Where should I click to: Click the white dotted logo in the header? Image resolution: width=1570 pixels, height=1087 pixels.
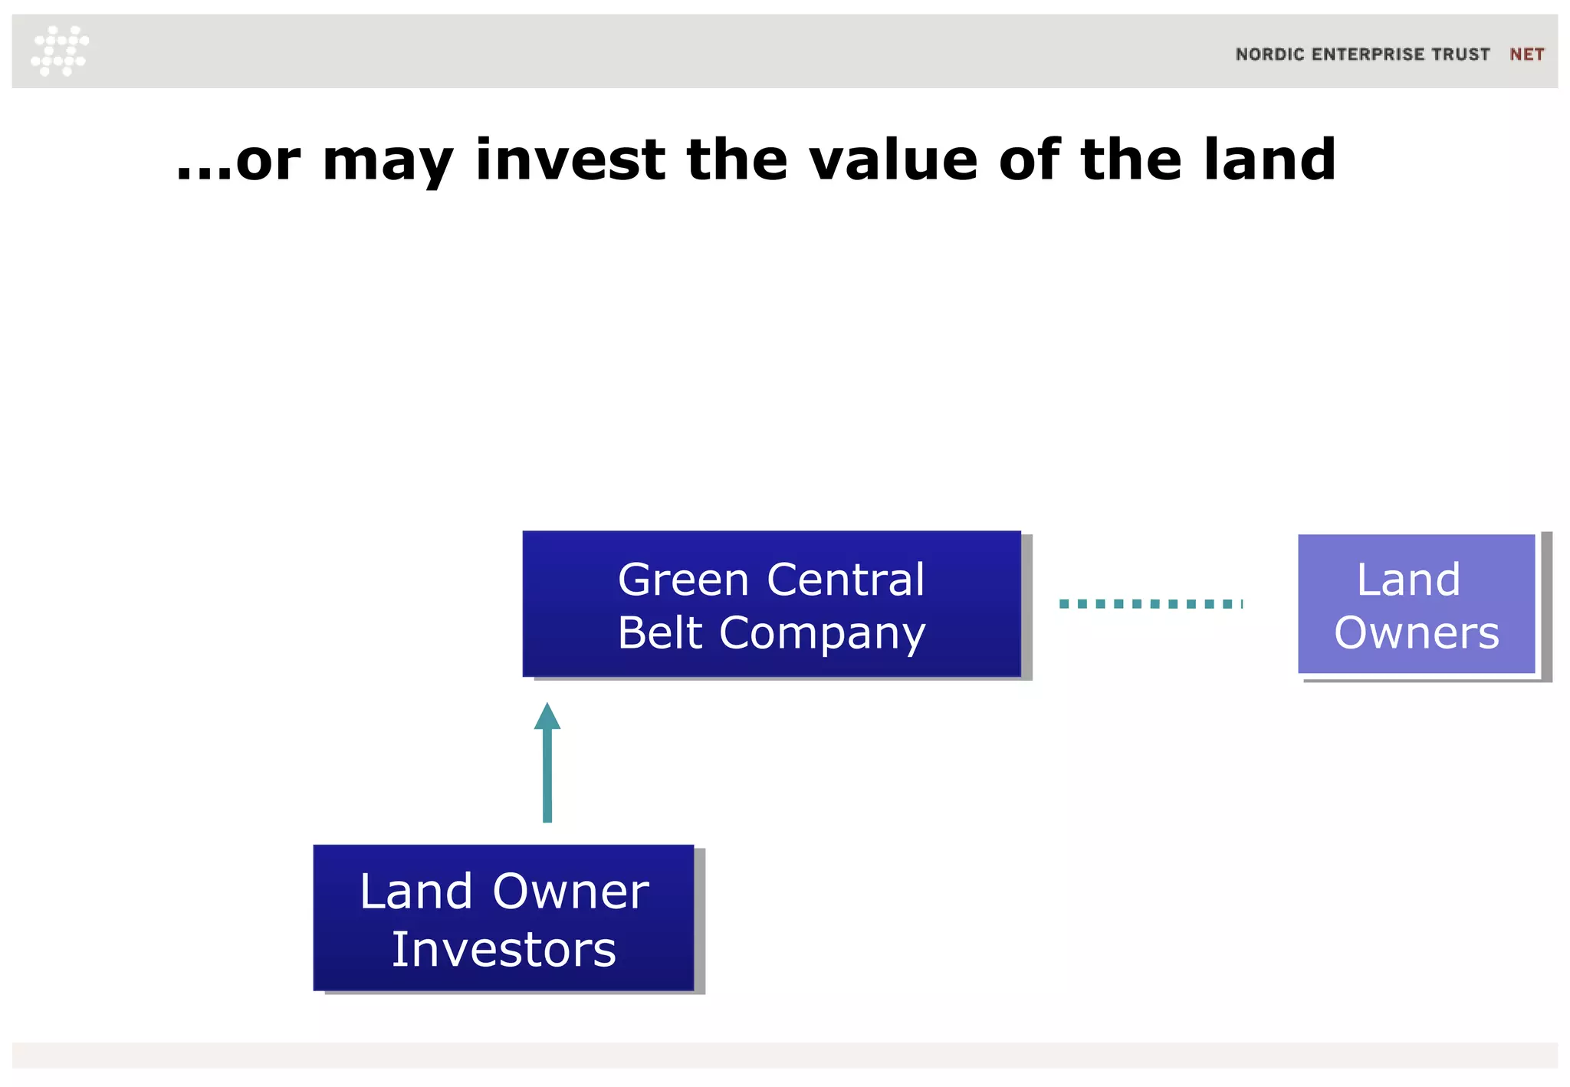60,51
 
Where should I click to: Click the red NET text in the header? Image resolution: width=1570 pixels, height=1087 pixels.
1526,54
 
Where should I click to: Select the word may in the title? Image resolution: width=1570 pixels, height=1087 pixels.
387,163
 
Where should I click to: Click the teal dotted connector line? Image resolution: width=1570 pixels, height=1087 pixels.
1150,604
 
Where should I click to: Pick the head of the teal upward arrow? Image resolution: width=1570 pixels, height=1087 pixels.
547,717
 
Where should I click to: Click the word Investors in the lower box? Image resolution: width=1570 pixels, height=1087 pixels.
504,950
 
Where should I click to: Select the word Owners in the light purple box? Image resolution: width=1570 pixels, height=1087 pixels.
1416,633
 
